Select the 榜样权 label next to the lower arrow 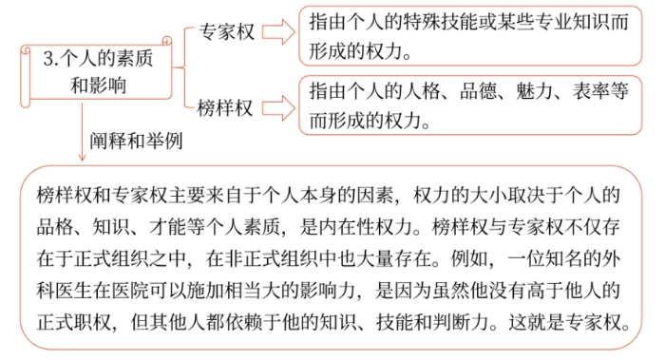click(x=226, y=106)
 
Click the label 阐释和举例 click(x=136, y=141)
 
